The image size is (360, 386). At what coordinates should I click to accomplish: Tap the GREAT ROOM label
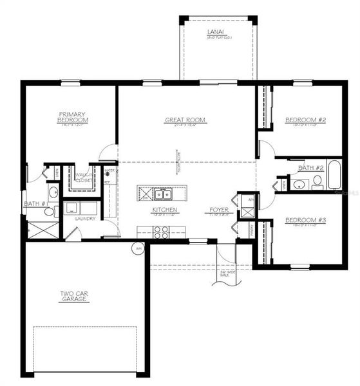click(185, 120)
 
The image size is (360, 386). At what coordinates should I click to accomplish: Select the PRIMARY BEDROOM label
click(71, 118)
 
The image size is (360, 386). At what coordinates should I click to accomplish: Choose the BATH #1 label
click(33, 204)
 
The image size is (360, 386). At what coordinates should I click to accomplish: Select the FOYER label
click(219, 210)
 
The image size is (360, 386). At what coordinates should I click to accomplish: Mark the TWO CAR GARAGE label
click(73, 297)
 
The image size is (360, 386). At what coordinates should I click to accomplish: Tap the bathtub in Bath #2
click(335, 174)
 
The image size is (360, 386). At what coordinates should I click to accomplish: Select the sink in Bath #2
click(298, 185)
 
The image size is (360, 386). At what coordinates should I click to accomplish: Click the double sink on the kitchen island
click(162, 193)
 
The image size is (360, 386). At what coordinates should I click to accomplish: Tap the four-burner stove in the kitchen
click(162, 233)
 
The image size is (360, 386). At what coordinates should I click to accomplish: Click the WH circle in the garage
click(138, 248)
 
